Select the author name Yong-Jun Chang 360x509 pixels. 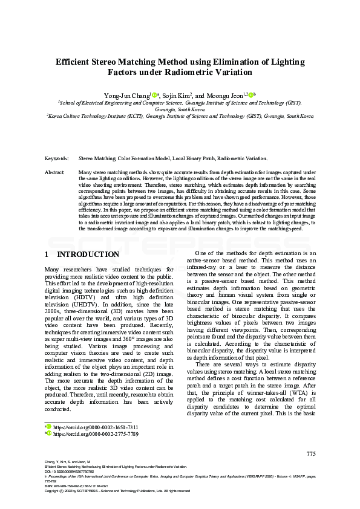(x=125, y=96)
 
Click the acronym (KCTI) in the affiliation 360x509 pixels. (x=135, y=115)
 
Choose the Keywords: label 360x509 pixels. (x=56, y=158)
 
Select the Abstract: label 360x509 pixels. (x=55, y=173)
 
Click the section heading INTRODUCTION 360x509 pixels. (x=88, y=254)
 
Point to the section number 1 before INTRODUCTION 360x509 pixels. (x=48, y=254)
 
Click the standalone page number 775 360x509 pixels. (x=311, y=454)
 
